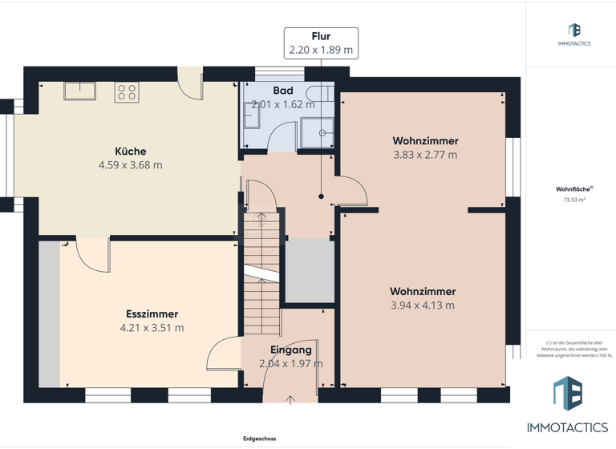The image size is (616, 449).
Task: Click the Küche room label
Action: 130,151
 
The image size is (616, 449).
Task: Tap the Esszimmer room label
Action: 152,313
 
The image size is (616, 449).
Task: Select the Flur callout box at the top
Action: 321,42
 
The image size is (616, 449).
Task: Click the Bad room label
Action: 282,91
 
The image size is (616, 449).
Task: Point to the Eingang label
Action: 290,350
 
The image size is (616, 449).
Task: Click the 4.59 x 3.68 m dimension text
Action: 130,165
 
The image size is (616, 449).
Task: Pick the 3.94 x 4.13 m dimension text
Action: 423,305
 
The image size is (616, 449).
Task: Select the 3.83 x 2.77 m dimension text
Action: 425,155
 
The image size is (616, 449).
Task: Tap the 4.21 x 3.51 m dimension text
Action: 152,328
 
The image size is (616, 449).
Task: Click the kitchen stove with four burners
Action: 127,91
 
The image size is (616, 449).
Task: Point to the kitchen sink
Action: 80,90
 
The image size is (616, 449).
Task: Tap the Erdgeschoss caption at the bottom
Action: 261,439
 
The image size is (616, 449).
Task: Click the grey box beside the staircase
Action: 310,271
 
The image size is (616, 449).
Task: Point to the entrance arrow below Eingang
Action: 290,399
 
